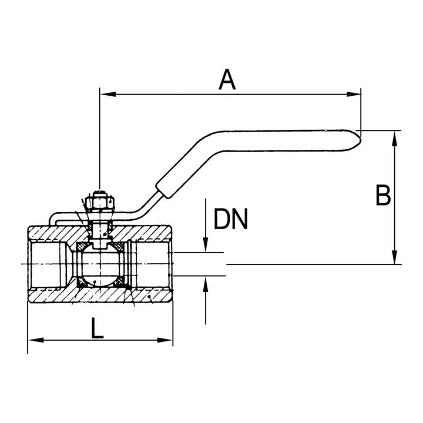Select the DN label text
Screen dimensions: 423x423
tap(231, 219)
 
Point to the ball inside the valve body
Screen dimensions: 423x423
tap(100, 265)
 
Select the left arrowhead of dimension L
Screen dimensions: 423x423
tap(33, 340)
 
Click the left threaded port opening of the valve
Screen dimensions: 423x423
tap(44, 265)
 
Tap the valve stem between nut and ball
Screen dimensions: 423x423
tap(100, 229)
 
